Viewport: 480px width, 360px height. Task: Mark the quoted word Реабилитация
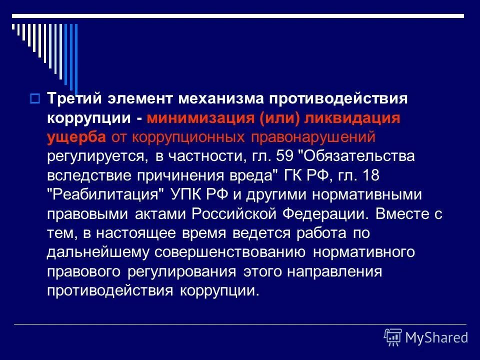[x=106, y=194]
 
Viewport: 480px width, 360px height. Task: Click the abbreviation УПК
[x=188, y=194]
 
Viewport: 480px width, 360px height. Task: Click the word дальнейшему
[x=98, y=252]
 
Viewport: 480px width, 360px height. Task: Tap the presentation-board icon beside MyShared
[x=393, y=337]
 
